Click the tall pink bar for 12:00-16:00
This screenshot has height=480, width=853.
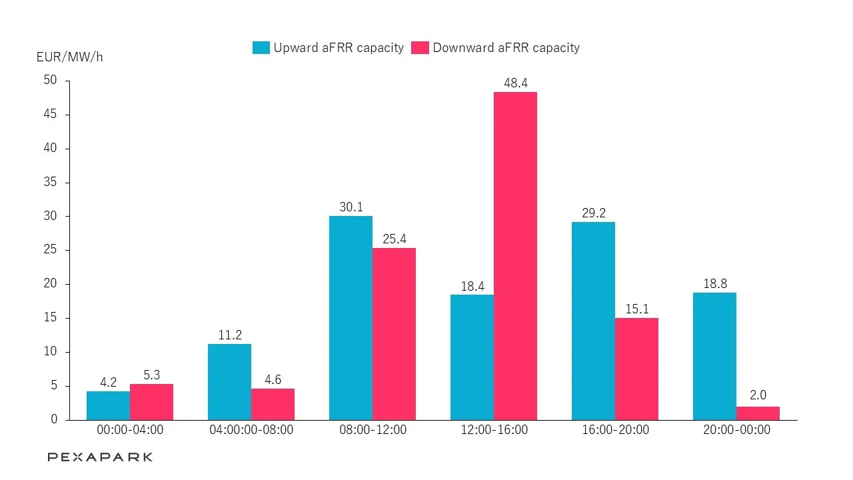pos(515,256)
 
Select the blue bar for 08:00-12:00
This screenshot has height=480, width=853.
pos(351,318)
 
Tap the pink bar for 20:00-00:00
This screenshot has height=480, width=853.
pos(758,413)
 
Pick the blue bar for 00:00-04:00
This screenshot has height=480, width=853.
pos(108,405)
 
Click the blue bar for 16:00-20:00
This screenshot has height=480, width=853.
pos(593,321)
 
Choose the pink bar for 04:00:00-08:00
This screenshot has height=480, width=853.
pos(273,404)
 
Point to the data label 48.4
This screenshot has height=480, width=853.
pos(515,83)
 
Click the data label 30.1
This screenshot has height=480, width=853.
pos(351,207)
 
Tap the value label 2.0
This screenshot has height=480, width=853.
pos(758,396)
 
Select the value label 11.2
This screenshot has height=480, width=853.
pos(229,335)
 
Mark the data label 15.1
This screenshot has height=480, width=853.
pos(636,309)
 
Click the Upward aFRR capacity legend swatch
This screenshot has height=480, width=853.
pos(261,48)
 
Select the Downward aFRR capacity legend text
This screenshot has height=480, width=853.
pos(506,48)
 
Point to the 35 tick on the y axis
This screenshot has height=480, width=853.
pos(51,183)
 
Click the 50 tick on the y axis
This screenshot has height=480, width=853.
pos(51,81)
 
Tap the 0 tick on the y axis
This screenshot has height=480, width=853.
pos(54,420)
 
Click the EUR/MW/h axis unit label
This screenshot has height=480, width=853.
pos(70,57)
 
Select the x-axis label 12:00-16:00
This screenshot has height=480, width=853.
pos(494,430)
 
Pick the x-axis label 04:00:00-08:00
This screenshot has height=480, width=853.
pos(251,430)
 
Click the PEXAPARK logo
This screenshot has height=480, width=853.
pos(100,457)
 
